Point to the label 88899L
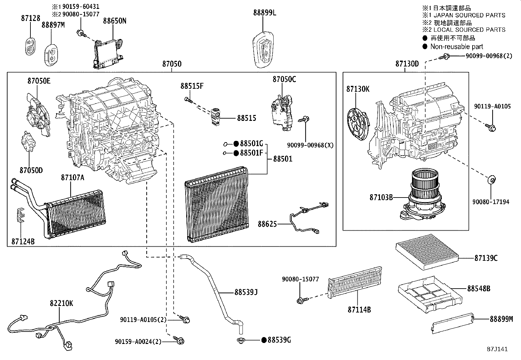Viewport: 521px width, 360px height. pyautogui.click(x=264, y=13)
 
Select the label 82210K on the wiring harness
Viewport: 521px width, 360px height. pyautogui.click(x=61, y=303)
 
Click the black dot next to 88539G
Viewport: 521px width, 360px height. pyautogui.click(x=264, y=340)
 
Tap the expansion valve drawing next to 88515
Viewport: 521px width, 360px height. pyautogui.click(x=216, y=116)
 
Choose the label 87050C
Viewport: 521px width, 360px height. pyautogui.click(x=284, y=79)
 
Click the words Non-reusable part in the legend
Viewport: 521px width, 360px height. pyautogui.click(x=457, y=47)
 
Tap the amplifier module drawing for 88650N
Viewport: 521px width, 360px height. pyautogui.click(x=108, y=52)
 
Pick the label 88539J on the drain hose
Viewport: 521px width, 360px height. pyautogui.click(x=246, y=292)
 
